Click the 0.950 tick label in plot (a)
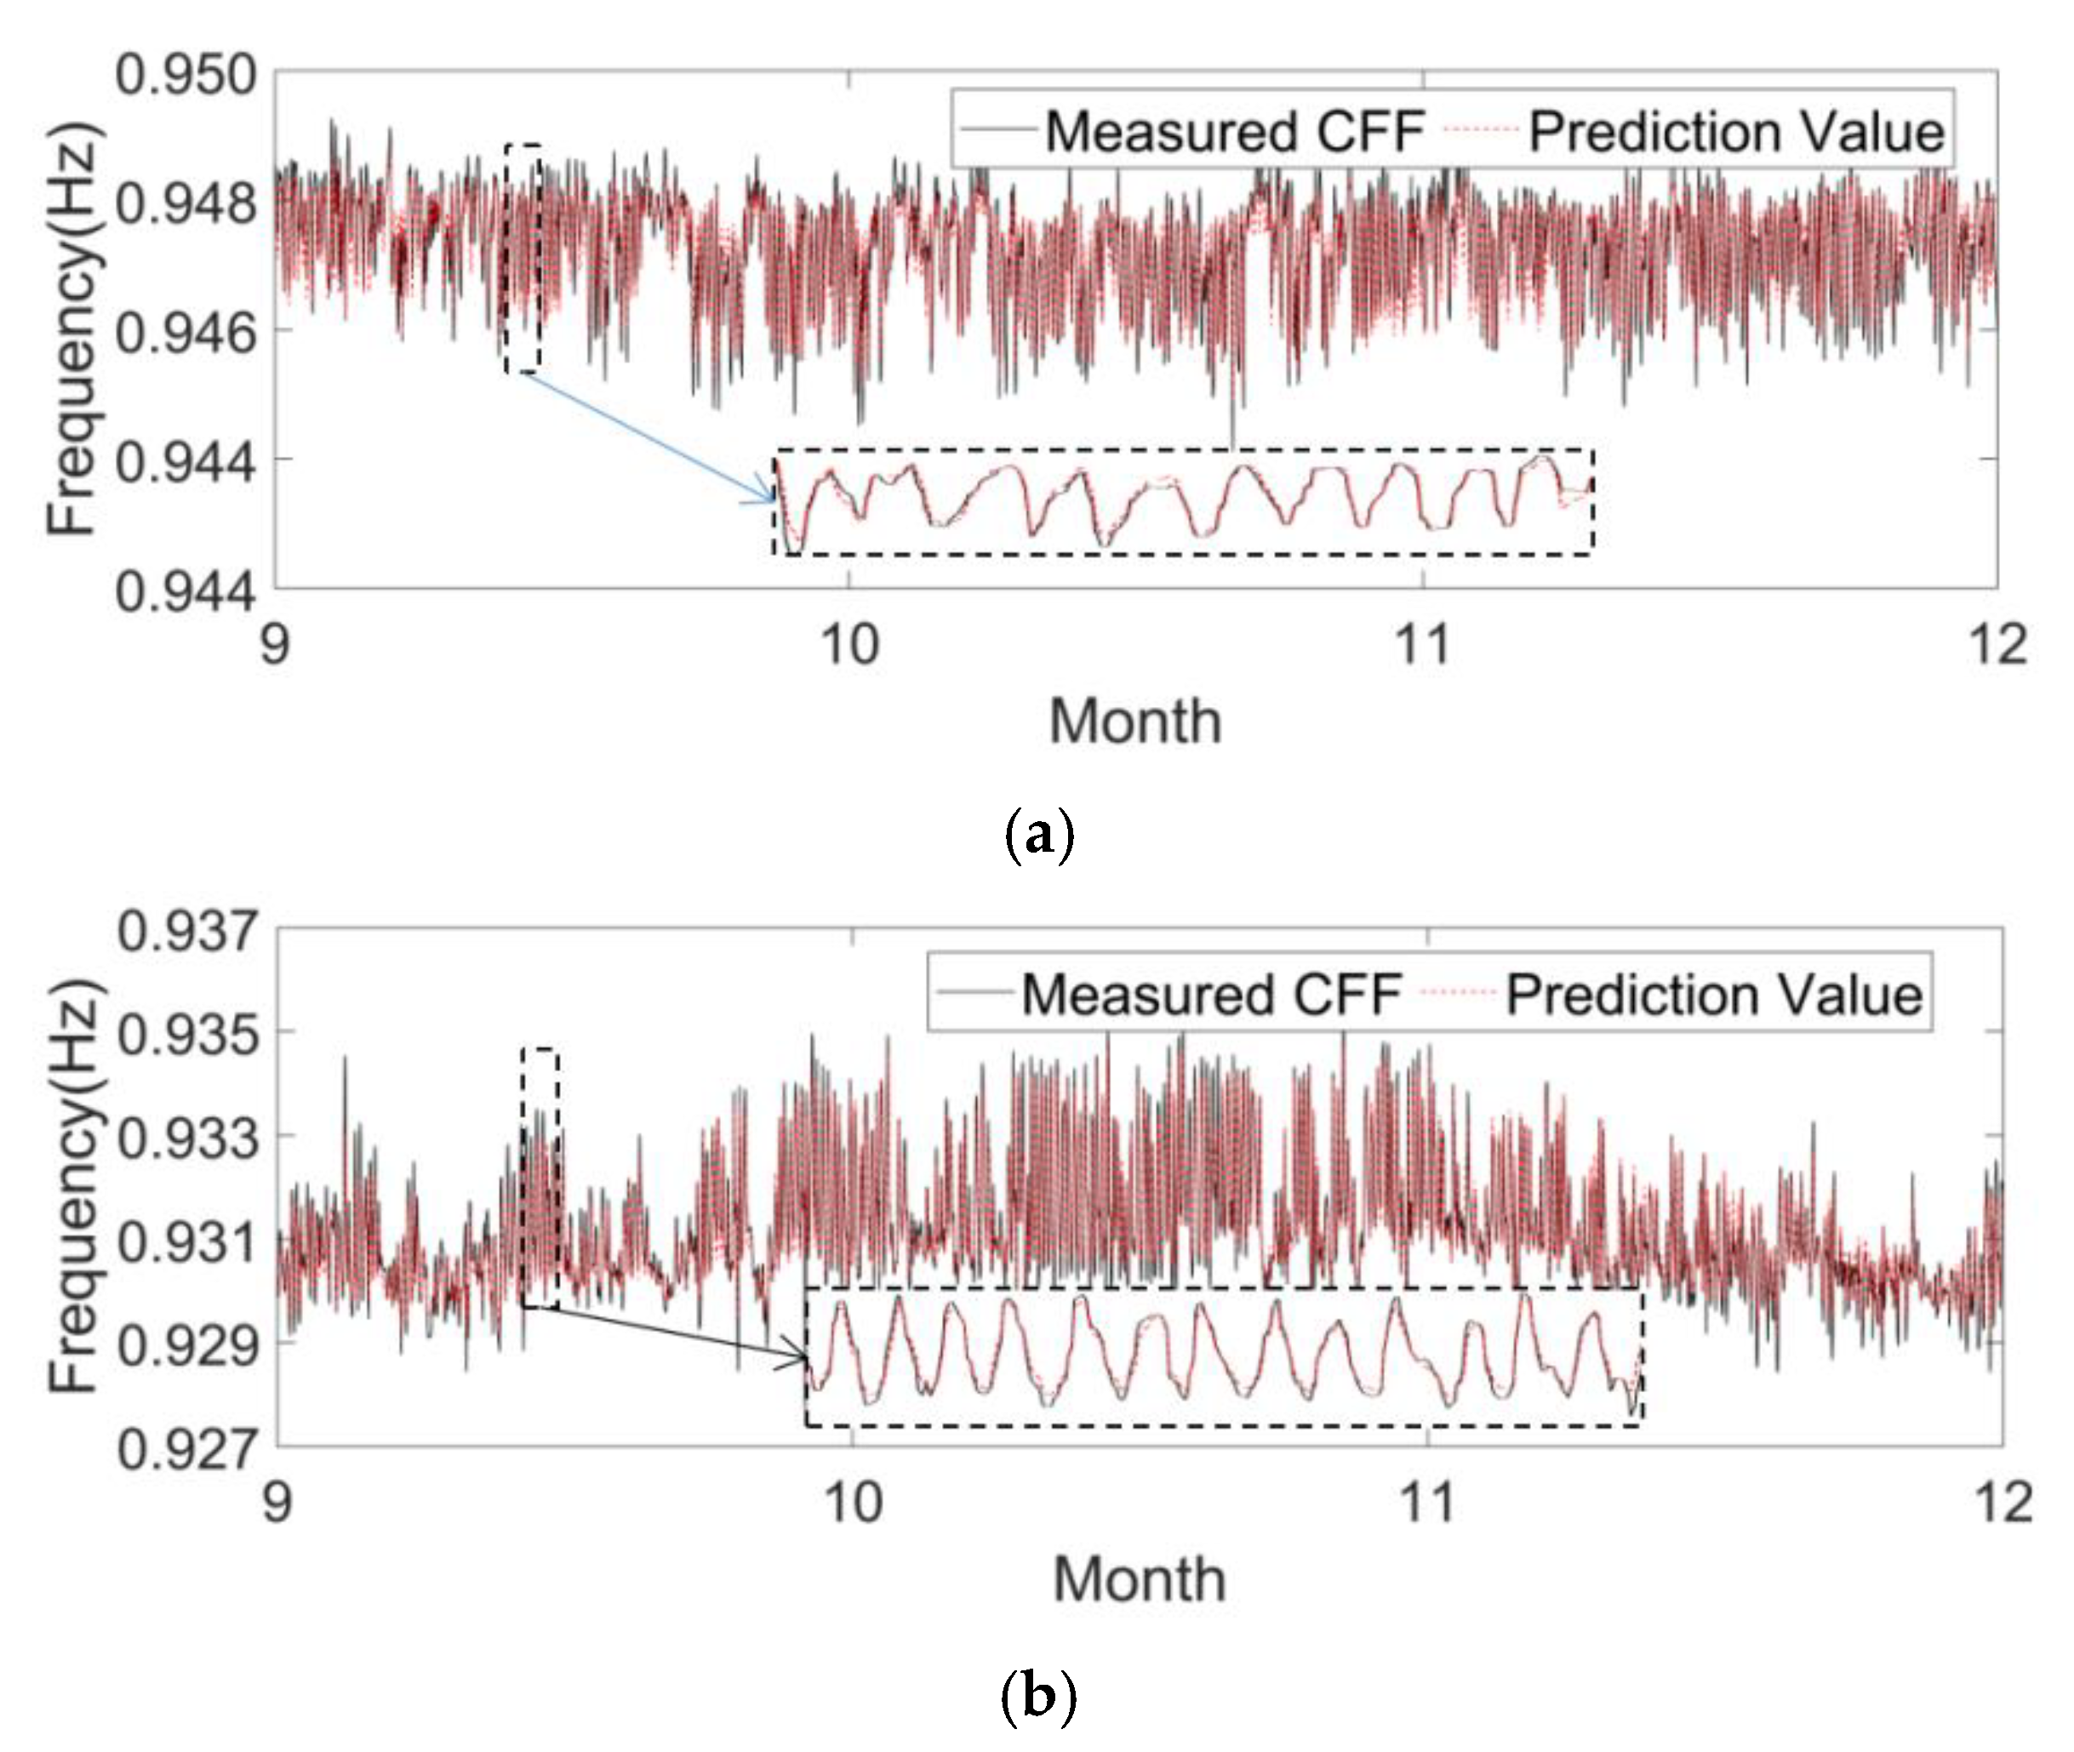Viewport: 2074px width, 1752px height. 186,76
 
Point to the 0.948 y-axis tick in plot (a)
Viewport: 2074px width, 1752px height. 186,204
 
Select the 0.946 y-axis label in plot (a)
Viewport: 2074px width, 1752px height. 186,334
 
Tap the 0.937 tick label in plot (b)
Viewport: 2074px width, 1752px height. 186,933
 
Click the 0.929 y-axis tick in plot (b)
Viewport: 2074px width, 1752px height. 186,1346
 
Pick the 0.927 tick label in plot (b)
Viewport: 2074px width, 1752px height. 186,1449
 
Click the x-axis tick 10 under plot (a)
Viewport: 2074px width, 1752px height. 850,645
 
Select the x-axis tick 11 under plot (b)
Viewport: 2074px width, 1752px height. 1427,1502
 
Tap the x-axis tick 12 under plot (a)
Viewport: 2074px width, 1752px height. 1998,645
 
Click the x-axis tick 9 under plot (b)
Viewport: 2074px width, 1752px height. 278,1502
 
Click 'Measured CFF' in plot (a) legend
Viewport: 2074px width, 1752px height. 1235,131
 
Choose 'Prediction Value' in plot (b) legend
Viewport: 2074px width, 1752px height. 1714,994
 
